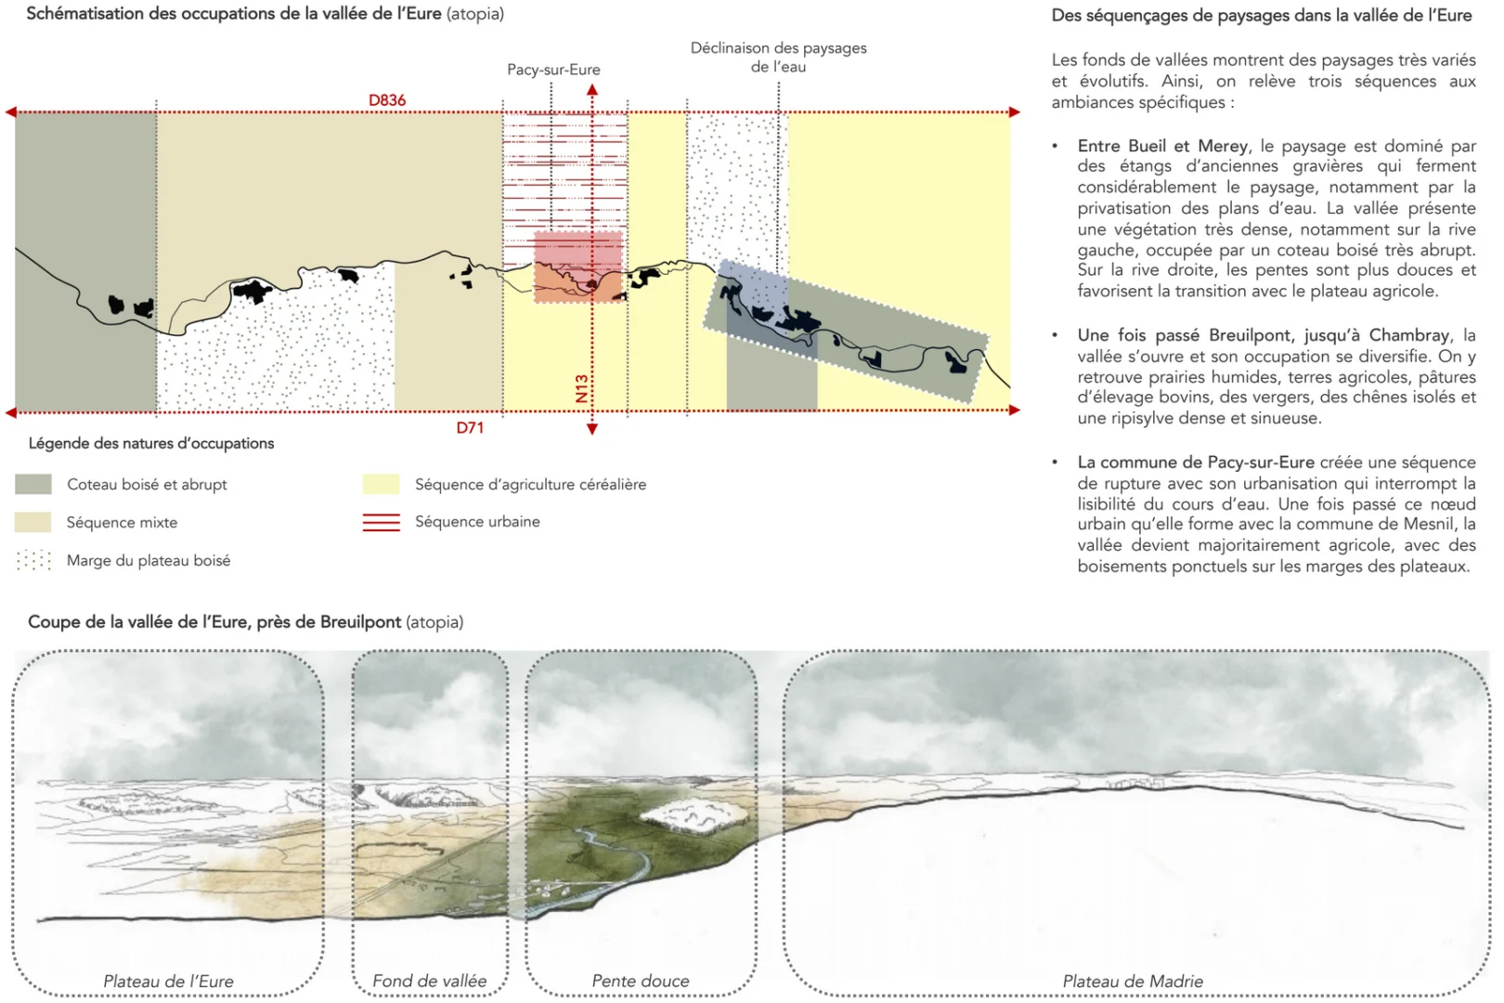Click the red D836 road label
tap(387, 100)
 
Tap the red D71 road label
tap(470, 427)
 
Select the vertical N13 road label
tap(582, 388)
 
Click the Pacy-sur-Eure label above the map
tap(553, 70)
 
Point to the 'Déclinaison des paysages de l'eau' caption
tap(778, 58)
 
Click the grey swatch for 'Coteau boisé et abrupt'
tap(33, 484)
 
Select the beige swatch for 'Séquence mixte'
tap(33, 522)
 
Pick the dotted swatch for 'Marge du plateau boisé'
tap(33, 560)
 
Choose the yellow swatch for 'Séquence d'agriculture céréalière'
tap(381, 484)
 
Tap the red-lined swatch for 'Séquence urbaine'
tap(381, 522)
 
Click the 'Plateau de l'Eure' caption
tap(168, 981)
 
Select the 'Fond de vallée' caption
tap(429, 981)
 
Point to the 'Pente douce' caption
tap(641, 981)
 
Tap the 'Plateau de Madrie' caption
tap(1133, 981)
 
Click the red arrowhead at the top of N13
tap(592, 90)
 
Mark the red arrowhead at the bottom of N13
tap(592, 429)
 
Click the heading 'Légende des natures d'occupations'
tap(151, 443)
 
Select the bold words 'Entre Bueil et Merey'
tap(1162, 146)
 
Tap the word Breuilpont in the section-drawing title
tap(360, 621)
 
